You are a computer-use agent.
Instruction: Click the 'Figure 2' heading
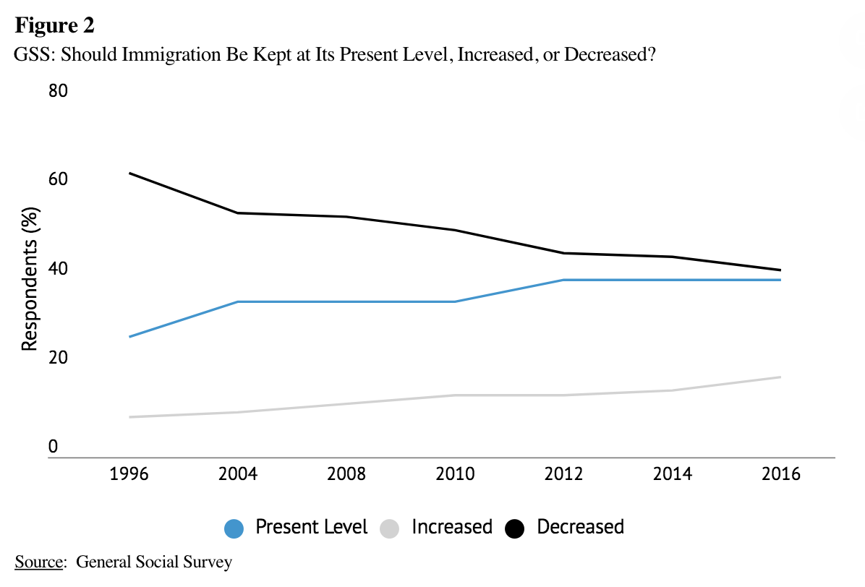pos(55,26)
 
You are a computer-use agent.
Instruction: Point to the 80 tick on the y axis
pos(58,92)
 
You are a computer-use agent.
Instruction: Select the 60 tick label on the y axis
pos(58,180)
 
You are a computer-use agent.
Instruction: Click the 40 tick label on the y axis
pos(58,269)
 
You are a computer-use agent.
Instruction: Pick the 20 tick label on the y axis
pos(58,358)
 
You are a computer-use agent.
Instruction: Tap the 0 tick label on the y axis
pos(53,447)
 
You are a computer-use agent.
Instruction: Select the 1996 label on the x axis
pos(129,474)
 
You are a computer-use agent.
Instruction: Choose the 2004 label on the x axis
pos(237,474)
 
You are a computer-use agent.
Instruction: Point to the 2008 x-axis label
pos(346,474)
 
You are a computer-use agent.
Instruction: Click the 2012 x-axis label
pos(563,474)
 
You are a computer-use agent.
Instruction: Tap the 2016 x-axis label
pos(781,474)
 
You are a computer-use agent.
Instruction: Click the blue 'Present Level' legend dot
pos(234,528)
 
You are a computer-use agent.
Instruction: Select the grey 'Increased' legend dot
pos(389,528)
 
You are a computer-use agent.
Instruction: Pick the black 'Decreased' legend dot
pos(515,528)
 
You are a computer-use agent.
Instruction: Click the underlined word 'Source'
pos(37,562)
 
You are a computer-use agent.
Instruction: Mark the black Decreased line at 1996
pos(129,173)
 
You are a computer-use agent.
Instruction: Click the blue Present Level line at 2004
pos(237,301)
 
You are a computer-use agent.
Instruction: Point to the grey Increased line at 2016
pos(780,377)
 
